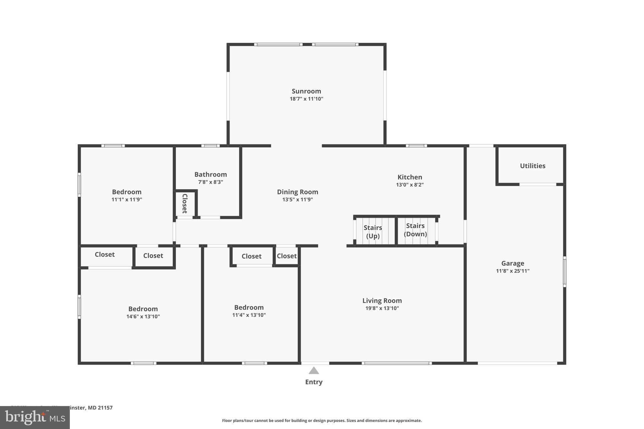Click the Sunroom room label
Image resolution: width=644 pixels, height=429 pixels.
[306, 91]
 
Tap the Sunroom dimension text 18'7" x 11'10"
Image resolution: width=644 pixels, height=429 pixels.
[306, 99]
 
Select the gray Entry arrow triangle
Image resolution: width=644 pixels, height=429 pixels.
[314, 371]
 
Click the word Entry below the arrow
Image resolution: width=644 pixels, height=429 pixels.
[314, 382]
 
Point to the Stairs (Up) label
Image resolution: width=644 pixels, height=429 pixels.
[373, 232]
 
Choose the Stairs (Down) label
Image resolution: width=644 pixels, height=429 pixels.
[415, 230]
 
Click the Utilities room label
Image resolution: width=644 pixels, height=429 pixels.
[532, 166]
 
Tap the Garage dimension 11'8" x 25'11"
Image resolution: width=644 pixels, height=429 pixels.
[513, 271]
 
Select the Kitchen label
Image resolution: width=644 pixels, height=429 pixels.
[409, 177]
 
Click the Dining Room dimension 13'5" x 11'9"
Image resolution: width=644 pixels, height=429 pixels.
[297, 200]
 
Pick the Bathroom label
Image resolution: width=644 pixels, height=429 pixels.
[210, 174]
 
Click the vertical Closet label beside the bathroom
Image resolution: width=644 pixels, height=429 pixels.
[185, 203]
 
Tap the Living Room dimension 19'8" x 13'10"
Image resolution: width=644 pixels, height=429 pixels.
[382, 308]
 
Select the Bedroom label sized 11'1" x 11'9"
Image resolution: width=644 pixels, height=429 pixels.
[127, 192]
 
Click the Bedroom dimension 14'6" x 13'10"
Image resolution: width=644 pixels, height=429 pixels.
[143, 316]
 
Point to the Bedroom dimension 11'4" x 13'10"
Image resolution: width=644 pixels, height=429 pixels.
[249, 315]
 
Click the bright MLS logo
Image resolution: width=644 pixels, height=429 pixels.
[35, 417]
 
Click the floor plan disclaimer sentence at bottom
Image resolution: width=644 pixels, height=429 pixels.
[322, 421]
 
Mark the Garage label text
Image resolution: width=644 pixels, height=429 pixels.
[513, 263]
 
